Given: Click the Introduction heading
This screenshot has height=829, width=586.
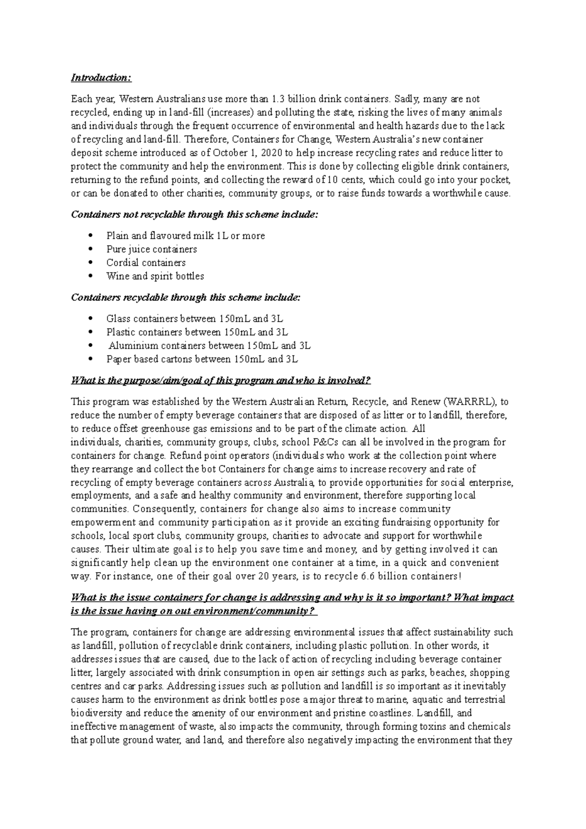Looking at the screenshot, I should click(101, 78).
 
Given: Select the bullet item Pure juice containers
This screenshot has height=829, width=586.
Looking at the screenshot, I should click(151, 249).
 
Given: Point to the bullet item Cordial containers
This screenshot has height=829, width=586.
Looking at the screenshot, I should click(146, 263).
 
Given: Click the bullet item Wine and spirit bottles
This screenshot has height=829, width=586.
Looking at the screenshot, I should click(155, 276).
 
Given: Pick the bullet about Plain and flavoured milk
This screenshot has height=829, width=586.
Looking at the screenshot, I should click(186, 236).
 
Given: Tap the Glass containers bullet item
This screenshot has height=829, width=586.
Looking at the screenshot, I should click(194, 319).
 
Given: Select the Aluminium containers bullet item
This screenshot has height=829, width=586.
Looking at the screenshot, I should click(209, 346).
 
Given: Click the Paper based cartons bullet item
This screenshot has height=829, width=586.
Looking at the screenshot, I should click(202, 359).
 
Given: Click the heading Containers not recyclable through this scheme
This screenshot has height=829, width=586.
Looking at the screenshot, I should click(194, 215).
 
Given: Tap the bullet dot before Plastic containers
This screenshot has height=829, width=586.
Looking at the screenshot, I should click(91, 332).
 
